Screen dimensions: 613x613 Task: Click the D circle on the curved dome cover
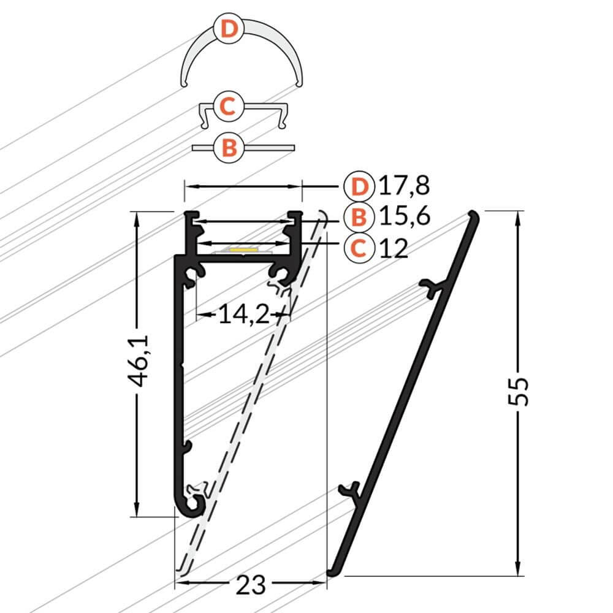coord(228,29)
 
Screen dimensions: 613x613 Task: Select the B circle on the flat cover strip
coord(228,148)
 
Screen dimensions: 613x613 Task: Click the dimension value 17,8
coord(404,185)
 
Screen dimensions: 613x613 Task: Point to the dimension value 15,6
coord(404,216)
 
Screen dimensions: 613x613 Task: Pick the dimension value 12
coord(393,248)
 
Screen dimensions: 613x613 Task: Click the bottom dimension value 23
coord(251,585)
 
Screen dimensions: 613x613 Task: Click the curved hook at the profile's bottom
coord(191,504)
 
